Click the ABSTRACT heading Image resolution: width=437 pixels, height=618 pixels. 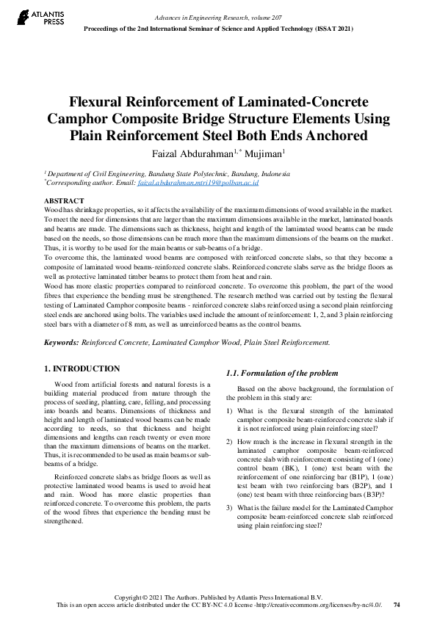click(64, 200)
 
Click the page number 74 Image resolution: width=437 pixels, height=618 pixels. click(397, 605)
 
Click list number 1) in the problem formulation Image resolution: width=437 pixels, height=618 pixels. click(231, 411)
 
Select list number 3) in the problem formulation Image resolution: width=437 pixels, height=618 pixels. click(231, 508)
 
